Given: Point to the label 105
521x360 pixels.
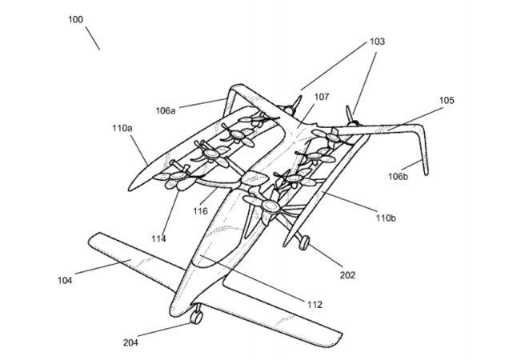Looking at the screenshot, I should pyautogui.click(x=446, y=101).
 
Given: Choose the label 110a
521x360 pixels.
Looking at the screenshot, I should pyautogui.click(x=122, y=127).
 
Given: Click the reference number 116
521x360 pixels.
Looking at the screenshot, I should pyautogui.click(x=199, y=211).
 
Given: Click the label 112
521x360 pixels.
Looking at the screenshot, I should pyautogui.click(x=314, y=303).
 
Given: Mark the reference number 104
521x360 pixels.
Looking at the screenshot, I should pyautogui.click(x=65, y=279).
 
